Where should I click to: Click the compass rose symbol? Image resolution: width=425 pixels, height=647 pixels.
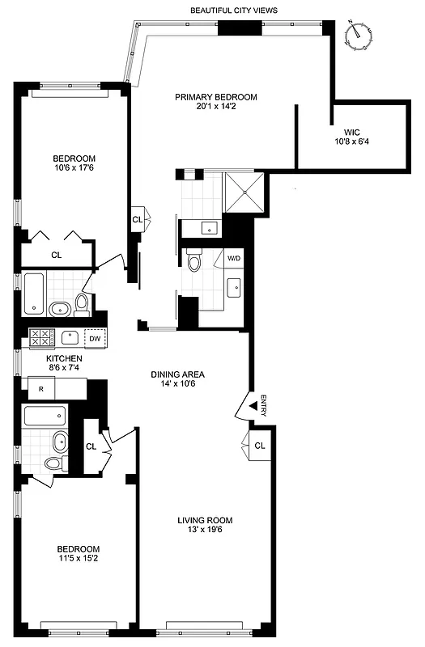tap(355, 35)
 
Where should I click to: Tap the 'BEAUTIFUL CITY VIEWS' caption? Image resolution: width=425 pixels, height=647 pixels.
tap(234, 11)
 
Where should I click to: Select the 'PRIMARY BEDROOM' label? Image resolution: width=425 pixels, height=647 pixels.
tap(216, 97)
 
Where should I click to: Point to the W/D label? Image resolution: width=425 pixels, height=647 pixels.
tap(234, 259)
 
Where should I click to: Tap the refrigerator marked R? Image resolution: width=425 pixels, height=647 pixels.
tap(41, 389)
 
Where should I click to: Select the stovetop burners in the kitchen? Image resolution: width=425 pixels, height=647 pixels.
tap(40, 337)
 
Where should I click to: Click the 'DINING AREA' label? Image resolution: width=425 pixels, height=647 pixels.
tap(178, 374)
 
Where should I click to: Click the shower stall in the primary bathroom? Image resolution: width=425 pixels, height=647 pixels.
tap(244, 192)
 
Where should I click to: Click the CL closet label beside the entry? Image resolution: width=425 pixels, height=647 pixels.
tap(259, 446)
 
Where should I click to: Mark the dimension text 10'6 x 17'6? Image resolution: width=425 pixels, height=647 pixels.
tap(74, 169)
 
